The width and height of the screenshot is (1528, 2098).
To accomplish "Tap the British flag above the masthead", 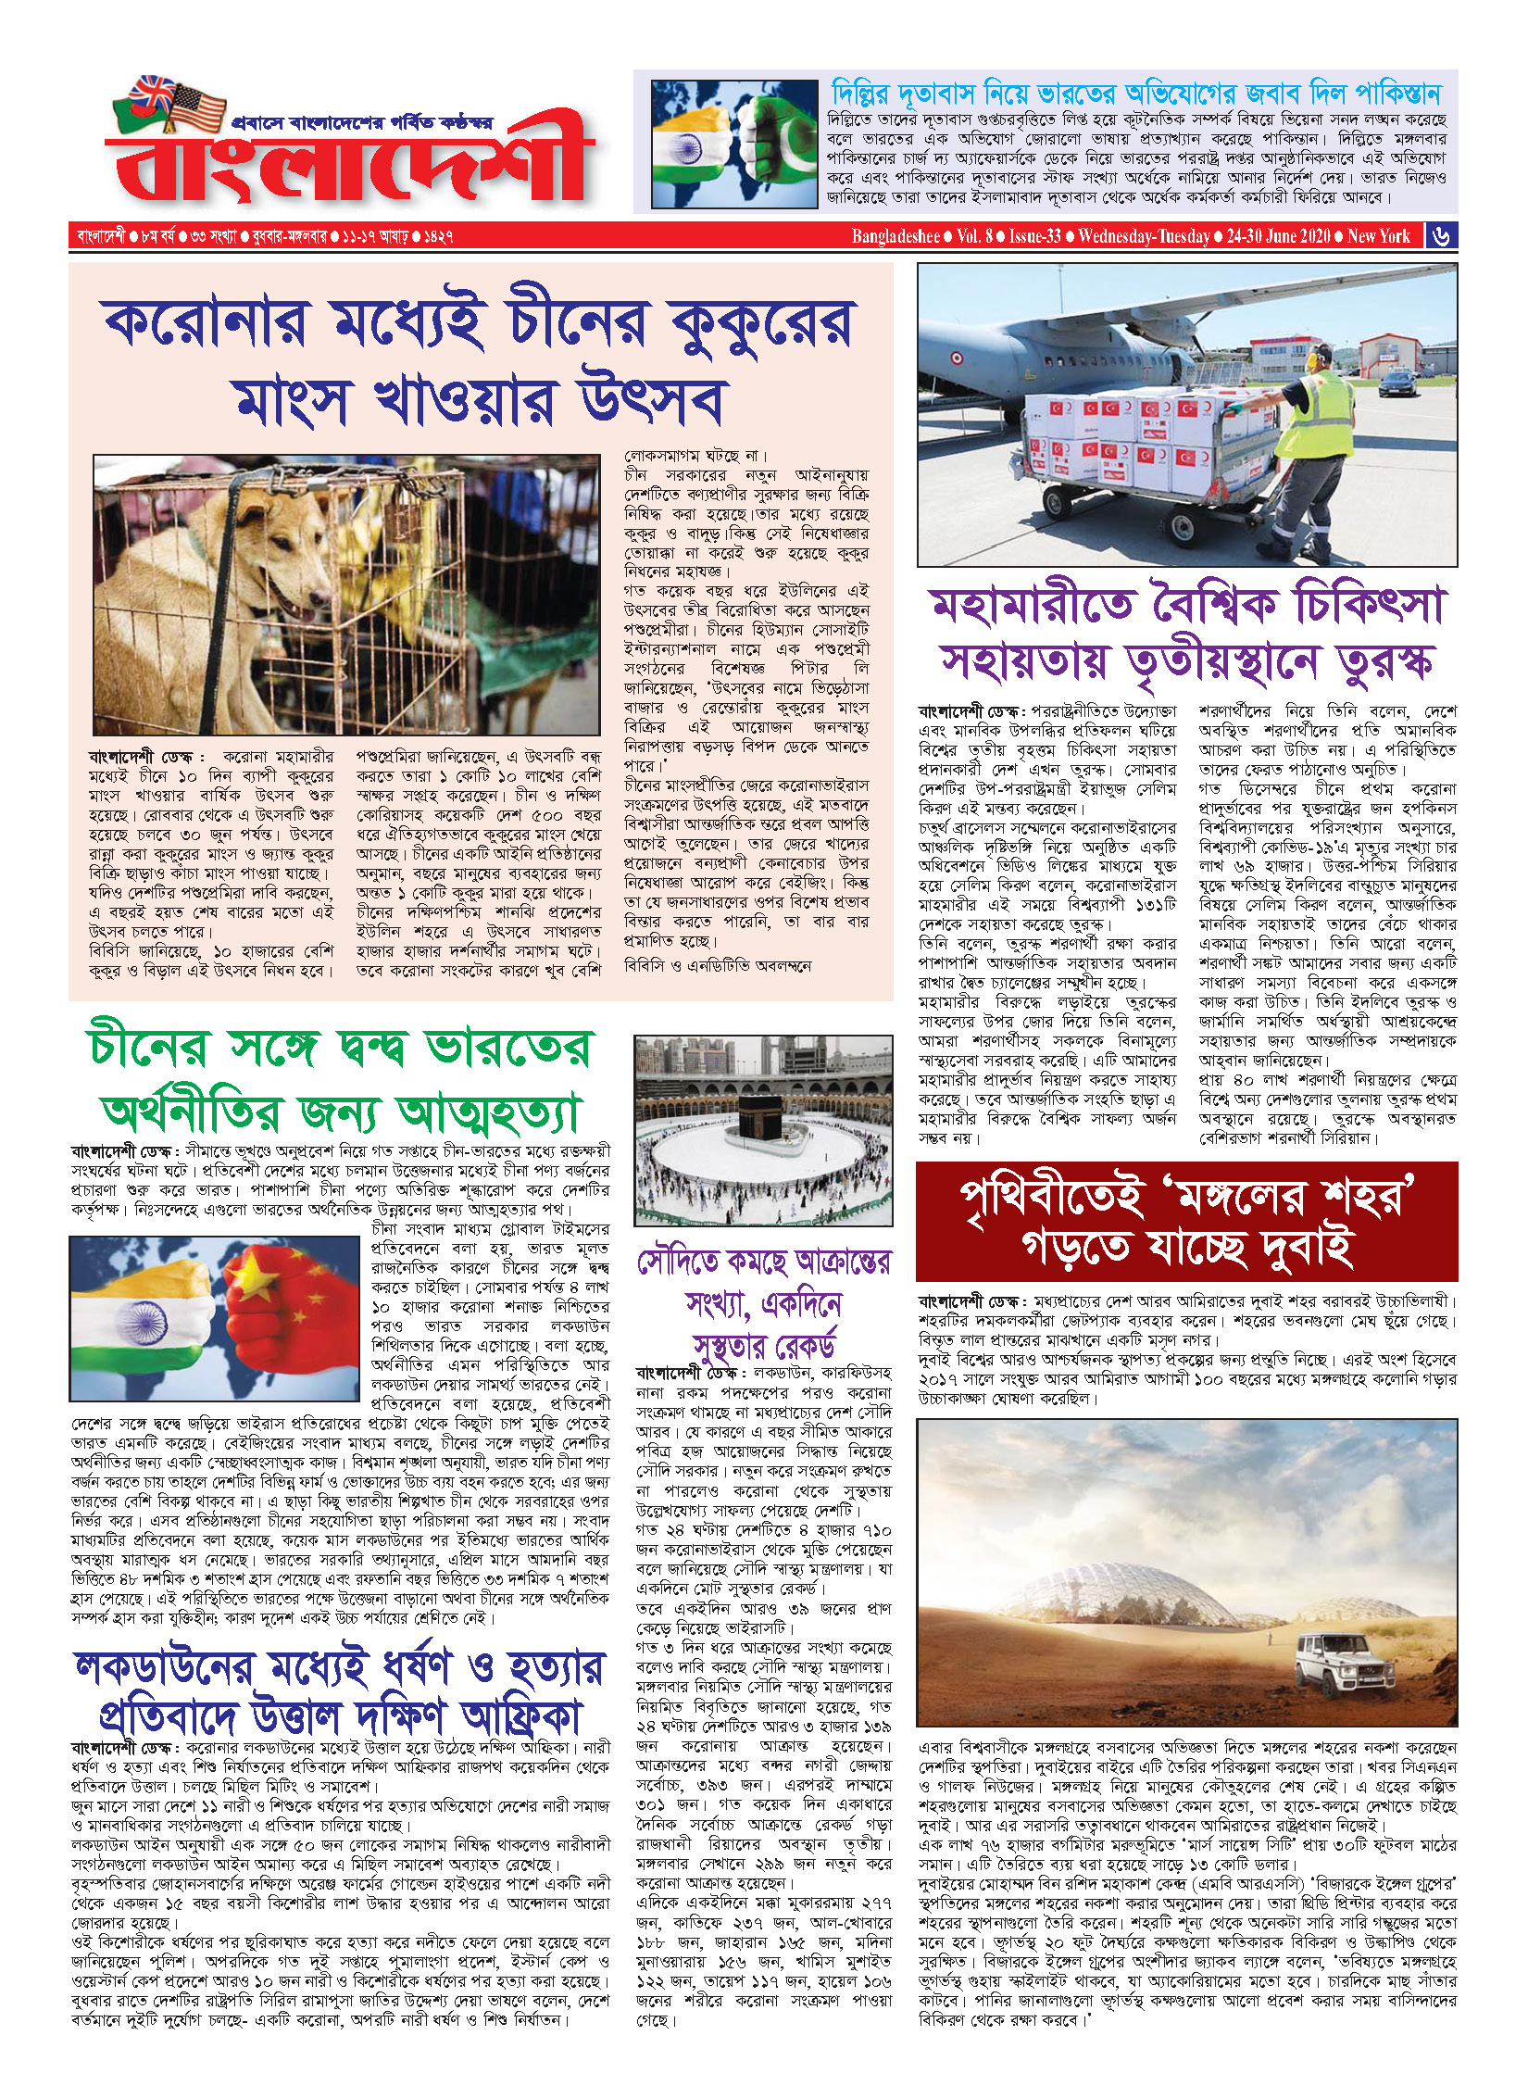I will (x=154, y=93).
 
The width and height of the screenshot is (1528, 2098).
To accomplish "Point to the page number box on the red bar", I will (x=1441, y=236).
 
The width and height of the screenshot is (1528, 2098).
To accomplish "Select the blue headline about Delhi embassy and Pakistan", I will (x=1135, y=94).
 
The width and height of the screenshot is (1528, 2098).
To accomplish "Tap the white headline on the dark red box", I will (x=1186, y=1222).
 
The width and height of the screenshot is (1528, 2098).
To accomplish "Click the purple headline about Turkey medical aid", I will (x=1186, y=634).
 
